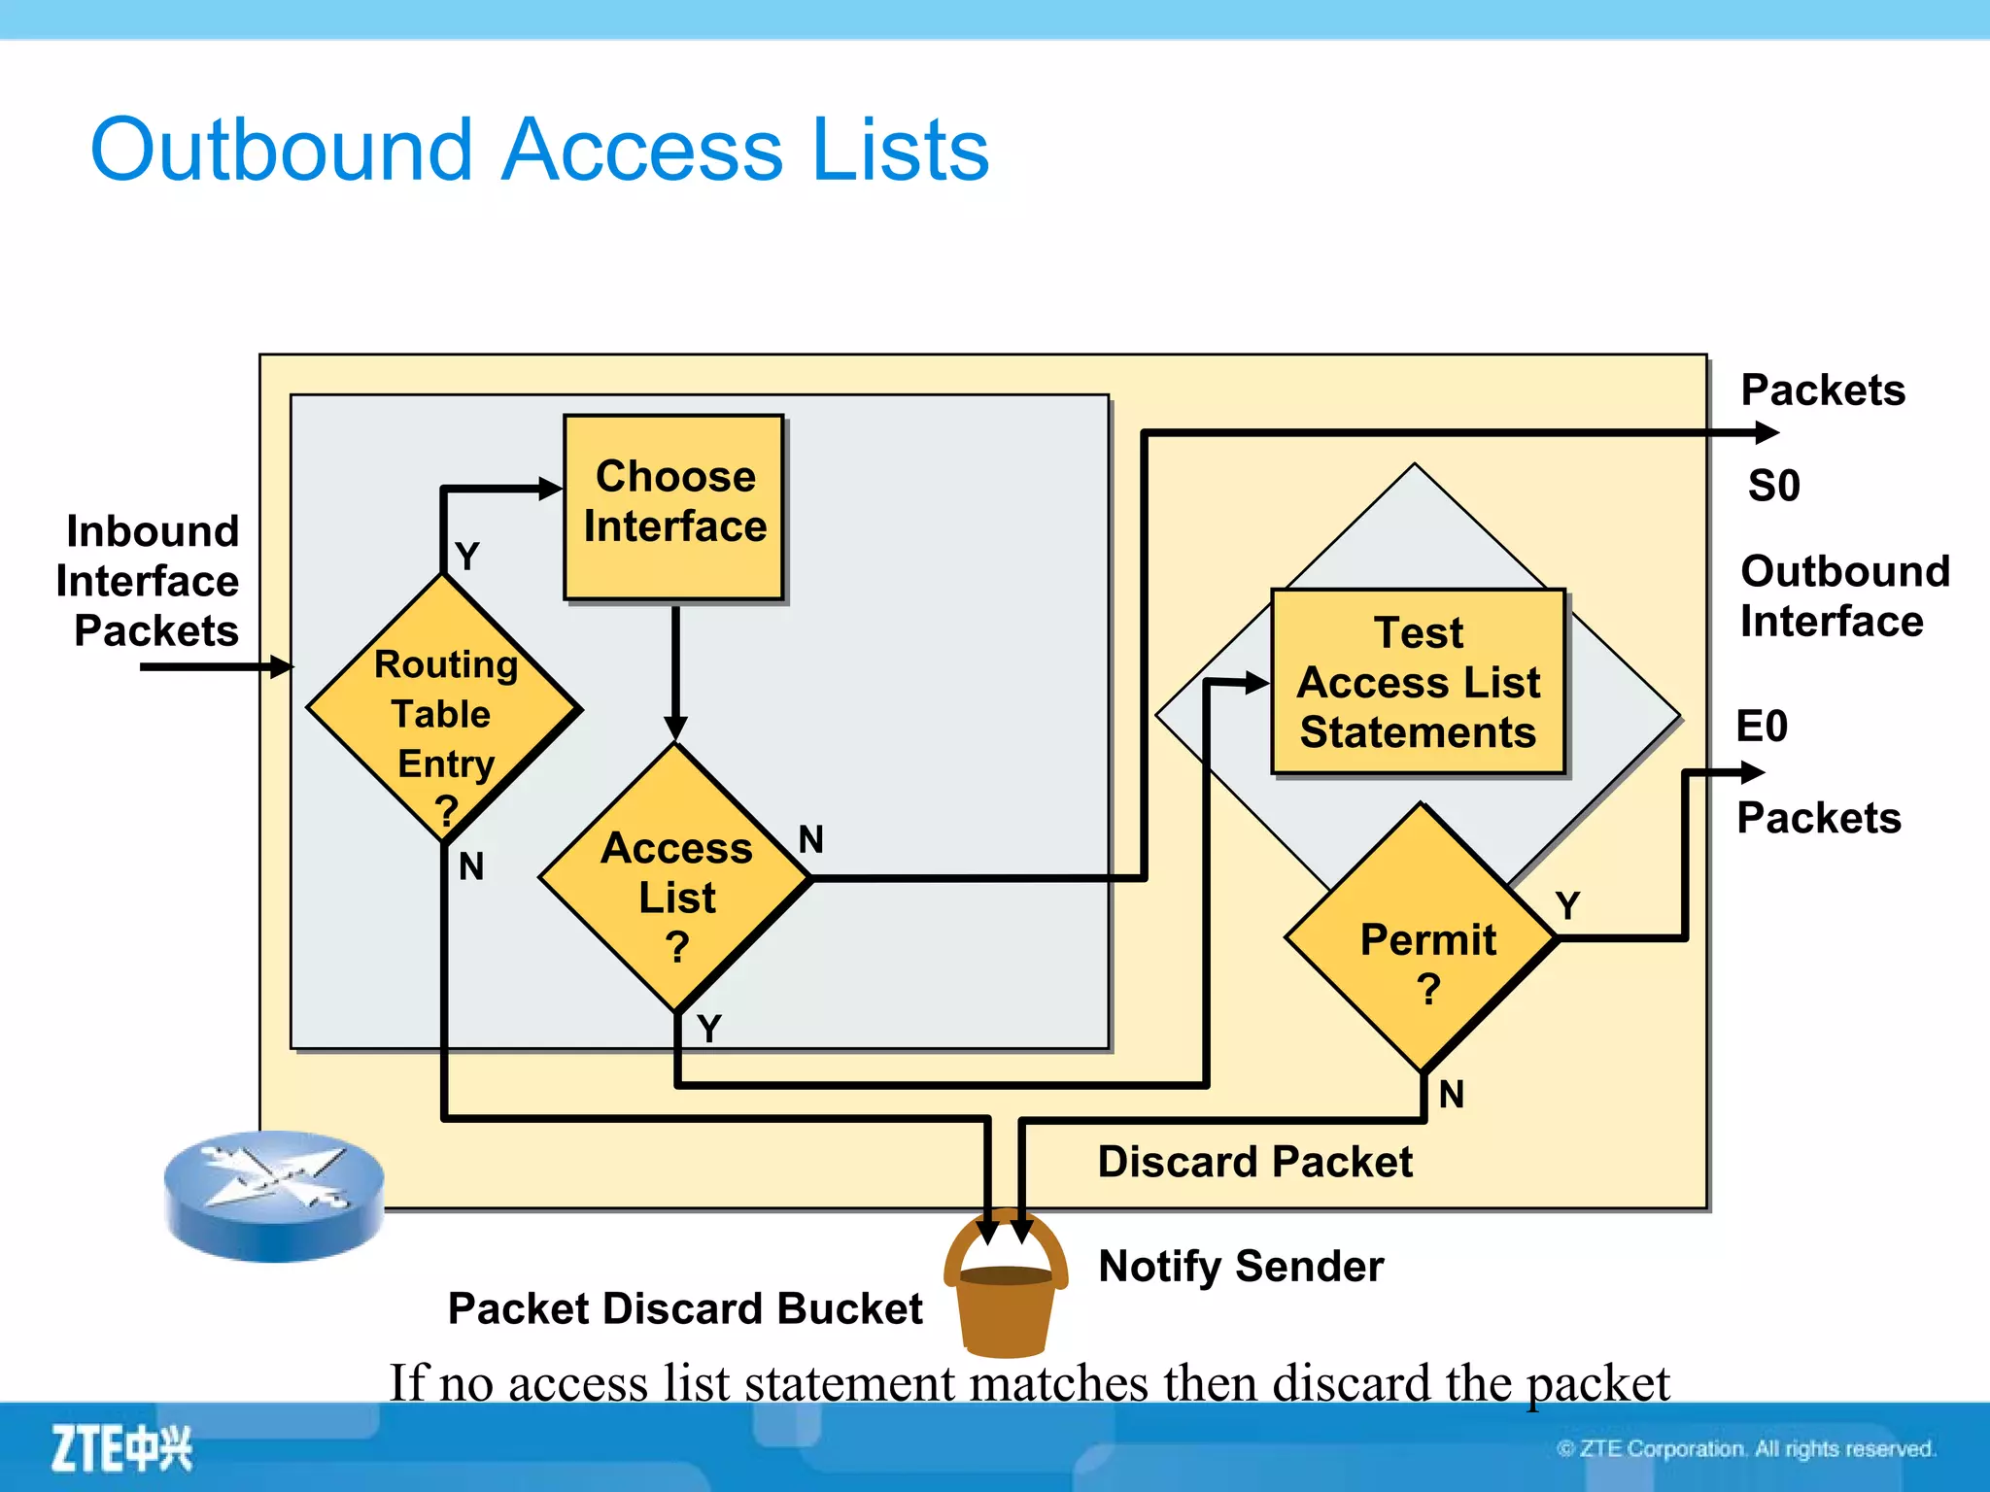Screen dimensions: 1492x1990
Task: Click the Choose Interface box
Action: (x=673, y=505)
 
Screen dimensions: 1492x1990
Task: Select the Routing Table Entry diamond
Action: (x=444, y=709)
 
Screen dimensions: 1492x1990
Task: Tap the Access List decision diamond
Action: (x=676, y=879)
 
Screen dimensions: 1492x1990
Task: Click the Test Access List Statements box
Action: (x=1418, y=682)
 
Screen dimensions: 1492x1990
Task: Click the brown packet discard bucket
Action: (x=1006, y=1302)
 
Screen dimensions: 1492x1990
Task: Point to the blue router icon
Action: (x=274, y=1196)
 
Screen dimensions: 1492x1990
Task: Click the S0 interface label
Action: (x=1773, y=486)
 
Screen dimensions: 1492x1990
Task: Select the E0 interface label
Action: (x=1762, y=727)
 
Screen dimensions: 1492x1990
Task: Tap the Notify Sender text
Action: (x=1241, y=1267)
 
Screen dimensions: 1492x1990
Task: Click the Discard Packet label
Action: (x=1254, y=1162)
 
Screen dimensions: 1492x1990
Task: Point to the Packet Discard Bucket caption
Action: (x=684, y=1308)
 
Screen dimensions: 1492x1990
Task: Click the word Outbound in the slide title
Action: (x=282, y=151)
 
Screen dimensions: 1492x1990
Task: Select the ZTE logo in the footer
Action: (x=121, y=1448)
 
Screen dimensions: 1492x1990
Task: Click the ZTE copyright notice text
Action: (x=1746, y=1449)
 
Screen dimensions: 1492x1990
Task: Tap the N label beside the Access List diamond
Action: (x=810, y=839)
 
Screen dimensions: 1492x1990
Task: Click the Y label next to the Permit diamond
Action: (x=1567, y=905)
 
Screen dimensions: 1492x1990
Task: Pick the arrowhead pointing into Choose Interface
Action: (x=551, y=489)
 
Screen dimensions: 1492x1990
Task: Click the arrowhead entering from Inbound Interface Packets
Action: (x=281, y=666)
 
